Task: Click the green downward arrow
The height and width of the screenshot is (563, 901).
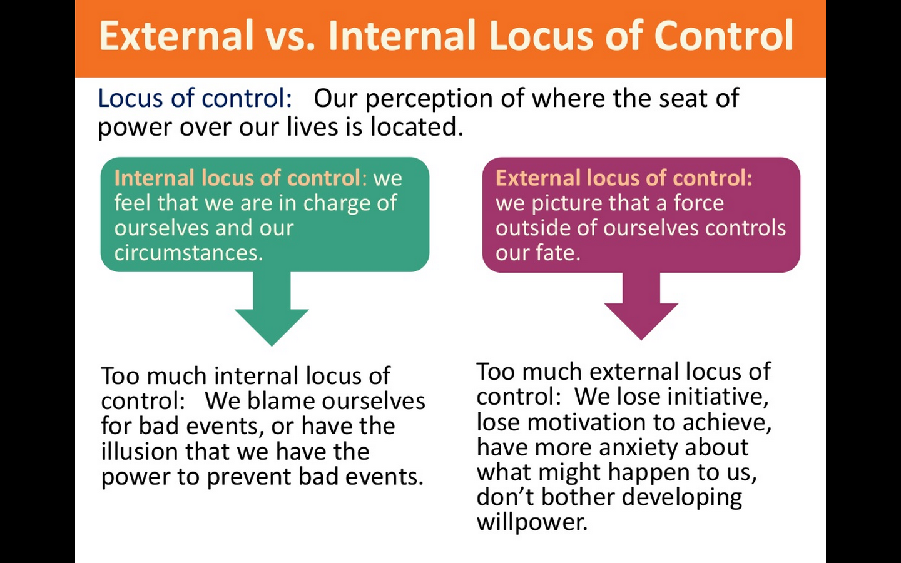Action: point(272,308)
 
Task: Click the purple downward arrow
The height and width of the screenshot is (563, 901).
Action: point(641,306)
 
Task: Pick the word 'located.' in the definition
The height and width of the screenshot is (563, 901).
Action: point(417,126)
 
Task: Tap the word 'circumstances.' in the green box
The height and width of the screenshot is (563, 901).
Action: point(189,253)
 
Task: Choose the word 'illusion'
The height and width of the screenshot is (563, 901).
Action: point(139,451)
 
